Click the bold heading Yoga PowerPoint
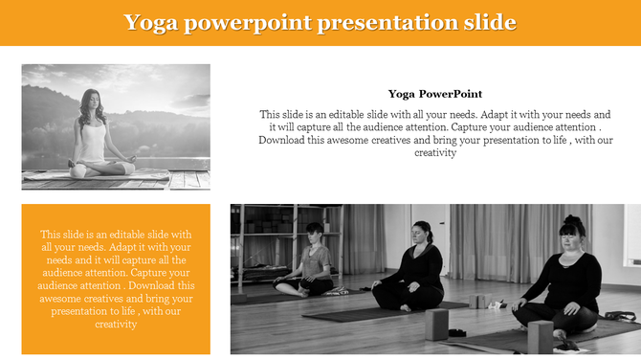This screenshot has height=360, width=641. click(x=435, y=94)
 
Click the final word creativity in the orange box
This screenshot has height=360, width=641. click(x=117, y=324)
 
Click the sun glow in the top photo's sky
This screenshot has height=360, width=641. click(x=182, y=96)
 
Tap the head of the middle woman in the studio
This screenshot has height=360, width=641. click(x=421, y=232)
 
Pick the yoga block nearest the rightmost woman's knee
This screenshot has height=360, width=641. click(x=541, y=336)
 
